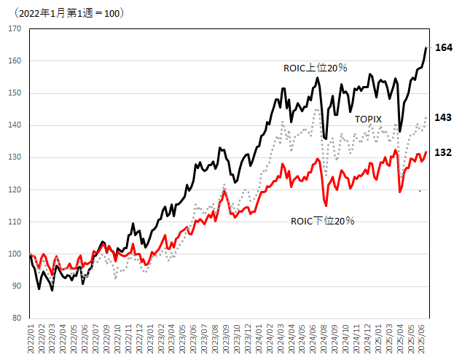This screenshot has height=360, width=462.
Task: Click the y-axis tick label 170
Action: tap(15, 28)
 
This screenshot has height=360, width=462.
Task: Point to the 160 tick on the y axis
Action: tap(15, 60)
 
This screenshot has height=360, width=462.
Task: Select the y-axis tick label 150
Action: tap(15, 93)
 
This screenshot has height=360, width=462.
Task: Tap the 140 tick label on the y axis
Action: tap(15, 125)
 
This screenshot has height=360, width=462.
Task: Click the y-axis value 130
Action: tap(15, 157)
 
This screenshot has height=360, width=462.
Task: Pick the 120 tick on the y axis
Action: tap(15, 189)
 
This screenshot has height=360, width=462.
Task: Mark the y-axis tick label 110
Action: tap(15, 222)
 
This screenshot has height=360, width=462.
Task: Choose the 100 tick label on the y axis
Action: tap(15, 254)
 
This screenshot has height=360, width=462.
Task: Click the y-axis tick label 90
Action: tap(17, 286)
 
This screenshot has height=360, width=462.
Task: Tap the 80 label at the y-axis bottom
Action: tap(17, 318)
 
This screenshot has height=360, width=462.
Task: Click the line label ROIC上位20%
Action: tap(315, 68)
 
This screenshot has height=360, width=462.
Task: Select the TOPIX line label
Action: tap(369, 119)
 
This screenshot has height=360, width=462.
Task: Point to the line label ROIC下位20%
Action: tap(322, 220)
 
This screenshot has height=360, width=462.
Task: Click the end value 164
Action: tap(444, 47)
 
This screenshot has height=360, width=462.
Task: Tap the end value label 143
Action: tap(443, 117)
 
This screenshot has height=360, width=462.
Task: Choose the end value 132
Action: tap(443, 152)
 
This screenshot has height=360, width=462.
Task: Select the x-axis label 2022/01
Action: tap(31, 339)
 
